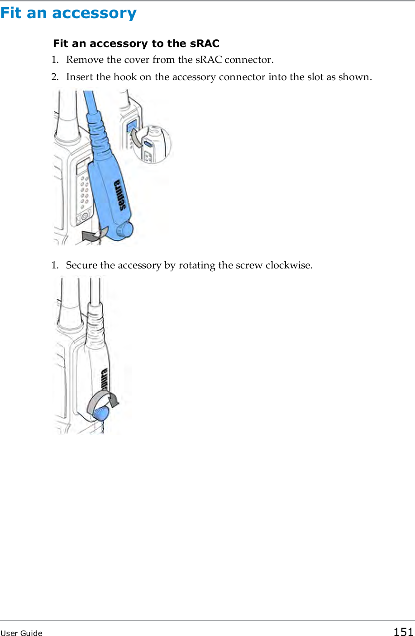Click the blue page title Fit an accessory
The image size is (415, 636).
tap(68, 13)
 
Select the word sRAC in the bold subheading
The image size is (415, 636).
tap(204, 43)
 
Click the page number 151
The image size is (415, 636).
tap(403, 632)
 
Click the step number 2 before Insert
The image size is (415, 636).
tap(54, 77)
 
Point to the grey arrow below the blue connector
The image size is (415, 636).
tap(93, 234)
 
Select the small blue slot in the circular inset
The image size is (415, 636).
tap(148, 144)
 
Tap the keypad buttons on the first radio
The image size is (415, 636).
tap(84, 195)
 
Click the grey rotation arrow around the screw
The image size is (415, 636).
tap(103, 400)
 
